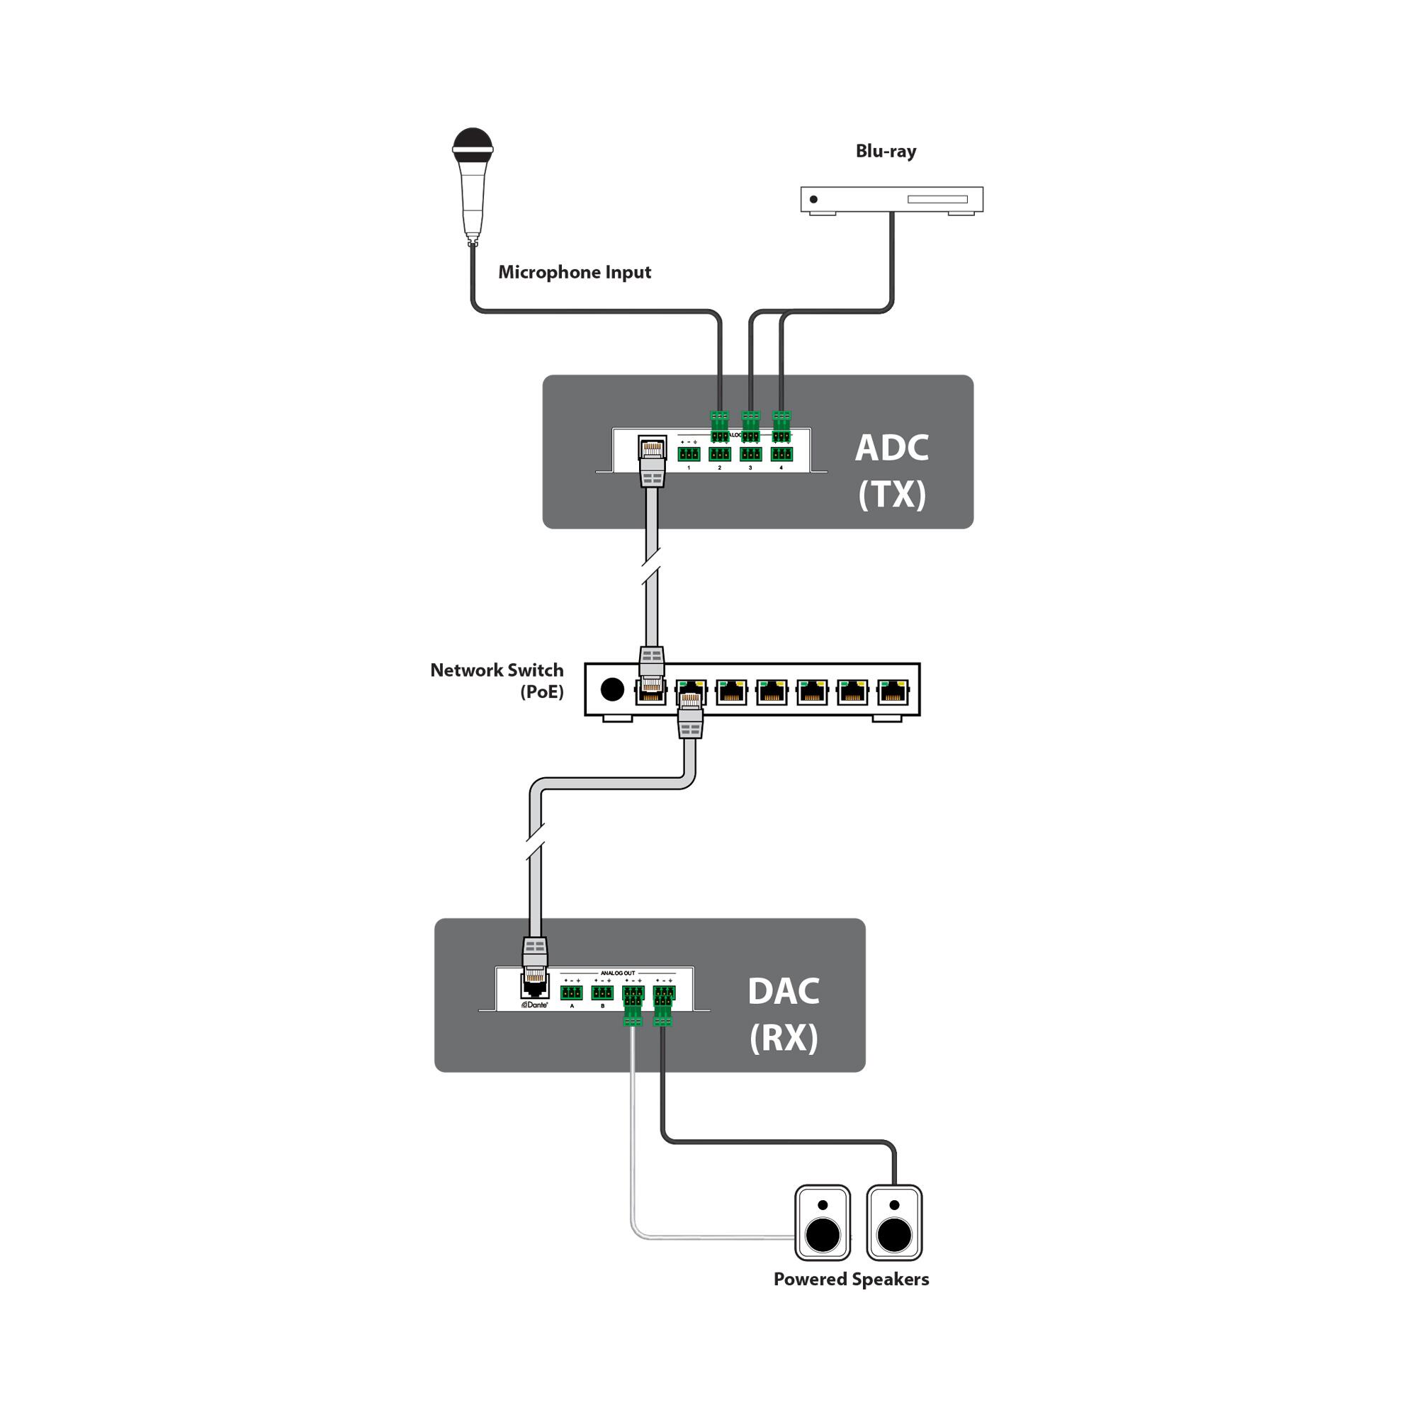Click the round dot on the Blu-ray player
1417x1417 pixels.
pyautogui.click(x=813, y=200)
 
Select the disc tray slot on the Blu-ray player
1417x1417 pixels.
pyautogui.click(x=937, y=200)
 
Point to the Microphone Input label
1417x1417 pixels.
pyautogui.click(x=575, y=272)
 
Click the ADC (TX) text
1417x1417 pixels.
pyautogui.click(x=892, y=470)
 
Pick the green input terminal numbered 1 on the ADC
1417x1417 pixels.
pyautogui.click(x=689, y=454)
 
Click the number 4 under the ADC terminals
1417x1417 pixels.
pyautogui.click(x=781, y=468)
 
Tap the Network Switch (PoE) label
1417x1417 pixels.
pyautogui.click(x=497, y=680)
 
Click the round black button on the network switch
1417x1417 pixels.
pyautogui.click(x=611, y=689)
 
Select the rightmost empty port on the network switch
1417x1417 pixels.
pyautogui.click(x=893, y=691)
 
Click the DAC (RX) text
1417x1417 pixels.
pyautogui.click(x=784, y=1015)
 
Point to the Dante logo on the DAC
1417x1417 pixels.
pyautogui.click(x=535, y=1005)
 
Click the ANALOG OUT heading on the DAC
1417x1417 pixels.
pyautogui.click(x=618, y=973)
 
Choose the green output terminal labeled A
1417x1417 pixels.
pyautogui.click(x=571, y=993)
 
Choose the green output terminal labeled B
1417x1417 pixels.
pyautogui.click(x=602, y=993)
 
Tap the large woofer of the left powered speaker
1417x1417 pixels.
pyautogui.click(x=822, y=1235)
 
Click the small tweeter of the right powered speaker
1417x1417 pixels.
pyautogui.click(x=894, y=1205)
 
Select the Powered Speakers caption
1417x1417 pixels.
pyautogui.click(x=851, y=1279)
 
